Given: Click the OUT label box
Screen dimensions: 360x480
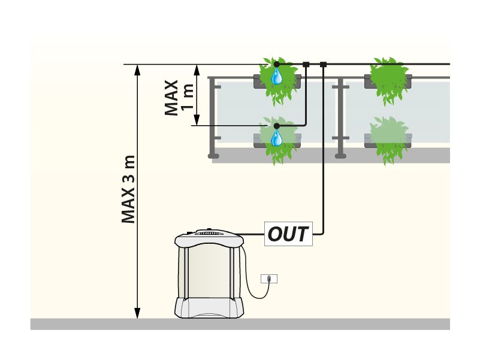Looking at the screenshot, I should [288, 234].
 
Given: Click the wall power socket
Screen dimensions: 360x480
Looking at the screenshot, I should [269, 279].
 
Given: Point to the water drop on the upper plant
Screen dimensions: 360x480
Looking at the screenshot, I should [277, 75].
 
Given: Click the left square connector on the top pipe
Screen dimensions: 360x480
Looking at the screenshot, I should [306, 64].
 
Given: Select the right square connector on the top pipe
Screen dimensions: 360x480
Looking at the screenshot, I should [324, 64].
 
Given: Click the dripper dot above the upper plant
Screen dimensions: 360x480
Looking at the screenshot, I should [277, 64].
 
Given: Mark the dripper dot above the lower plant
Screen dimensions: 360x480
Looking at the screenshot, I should [277, 126].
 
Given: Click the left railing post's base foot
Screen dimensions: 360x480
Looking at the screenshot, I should [214, 155].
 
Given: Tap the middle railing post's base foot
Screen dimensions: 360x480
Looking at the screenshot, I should [341, 155].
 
